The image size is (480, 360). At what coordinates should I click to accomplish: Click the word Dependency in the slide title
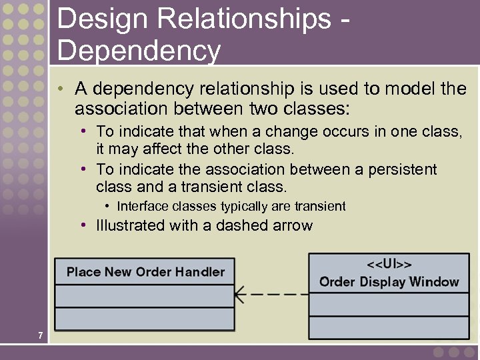point(139,50)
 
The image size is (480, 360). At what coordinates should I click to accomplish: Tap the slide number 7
point(41,335)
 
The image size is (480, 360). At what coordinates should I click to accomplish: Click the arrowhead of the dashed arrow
point(241,293)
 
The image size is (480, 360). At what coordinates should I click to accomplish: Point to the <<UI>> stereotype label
point(389,264)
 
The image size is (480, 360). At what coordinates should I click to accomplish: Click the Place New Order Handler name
point(145,272)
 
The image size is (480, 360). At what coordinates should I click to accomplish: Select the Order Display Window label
point(389,281)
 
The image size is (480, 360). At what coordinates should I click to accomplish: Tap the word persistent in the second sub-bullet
point(400,169)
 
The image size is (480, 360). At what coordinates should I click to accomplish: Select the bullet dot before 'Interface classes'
point(108,207)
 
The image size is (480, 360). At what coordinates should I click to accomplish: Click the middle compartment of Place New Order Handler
point(144,295)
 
